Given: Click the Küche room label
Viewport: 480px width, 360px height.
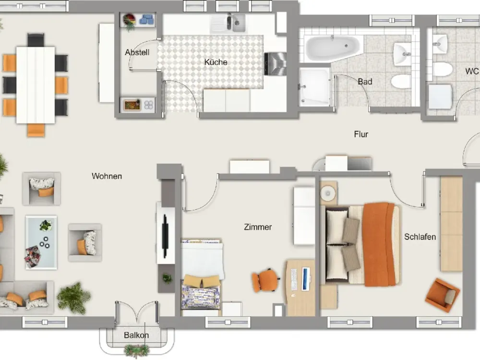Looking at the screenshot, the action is coord(216,62).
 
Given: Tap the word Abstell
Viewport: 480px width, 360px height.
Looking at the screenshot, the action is coord(137,52).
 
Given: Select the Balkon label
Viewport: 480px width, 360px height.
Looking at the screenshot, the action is coord(136,336).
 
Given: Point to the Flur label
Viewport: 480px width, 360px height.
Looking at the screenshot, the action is coord(361,134).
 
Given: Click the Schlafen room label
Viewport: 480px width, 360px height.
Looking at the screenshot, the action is coord(420,237).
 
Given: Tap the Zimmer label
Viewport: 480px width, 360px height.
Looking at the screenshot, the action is coord(258,227).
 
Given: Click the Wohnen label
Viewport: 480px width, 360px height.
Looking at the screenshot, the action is coord(107,176).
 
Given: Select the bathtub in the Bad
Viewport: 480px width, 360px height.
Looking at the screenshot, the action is coord(333,48).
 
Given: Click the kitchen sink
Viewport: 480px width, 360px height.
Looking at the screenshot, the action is coord(236,23).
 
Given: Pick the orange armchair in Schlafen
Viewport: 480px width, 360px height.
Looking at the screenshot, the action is coord(443,295).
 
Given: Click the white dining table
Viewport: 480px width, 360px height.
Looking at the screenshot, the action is coord(36,85).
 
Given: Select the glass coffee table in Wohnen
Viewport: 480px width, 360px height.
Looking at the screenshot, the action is coord(41,242).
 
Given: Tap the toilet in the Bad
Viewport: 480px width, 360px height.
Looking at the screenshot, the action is coord(401,82).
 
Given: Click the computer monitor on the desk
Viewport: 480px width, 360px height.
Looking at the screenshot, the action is coord(306,278).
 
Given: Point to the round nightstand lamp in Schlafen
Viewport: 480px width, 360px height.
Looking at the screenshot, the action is coord(328,193).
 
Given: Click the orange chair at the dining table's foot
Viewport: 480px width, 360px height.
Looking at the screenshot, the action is coord(36,130).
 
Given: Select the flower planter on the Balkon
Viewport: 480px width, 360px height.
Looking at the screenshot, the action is coord(136,351).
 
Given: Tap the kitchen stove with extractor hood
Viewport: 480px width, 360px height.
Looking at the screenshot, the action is coord(275,64).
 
